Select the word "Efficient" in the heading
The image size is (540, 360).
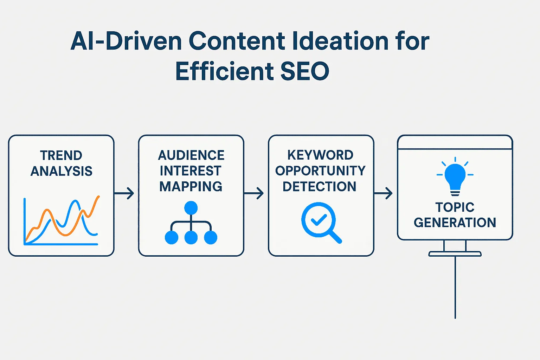tap(224, 71)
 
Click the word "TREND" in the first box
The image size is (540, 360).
tap(61, 155)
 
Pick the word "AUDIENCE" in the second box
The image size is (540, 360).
tap(191, 155)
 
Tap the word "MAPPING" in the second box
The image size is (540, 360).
tap(191, 186)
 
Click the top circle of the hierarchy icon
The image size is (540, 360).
tap(191, 208)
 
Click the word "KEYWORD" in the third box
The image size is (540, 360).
tap(320, 155)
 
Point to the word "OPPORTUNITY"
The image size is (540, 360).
tap(320, 171)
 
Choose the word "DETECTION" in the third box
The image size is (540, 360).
tap(320, 187)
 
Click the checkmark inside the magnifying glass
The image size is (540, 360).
tap(319, 220)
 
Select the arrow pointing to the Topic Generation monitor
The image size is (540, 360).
tap(383, 193)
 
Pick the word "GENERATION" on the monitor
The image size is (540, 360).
tap(455, 223)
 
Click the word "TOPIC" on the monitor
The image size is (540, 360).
tap(455, 207)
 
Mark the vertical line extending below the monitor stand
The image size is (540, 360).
tap(455, 288)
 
